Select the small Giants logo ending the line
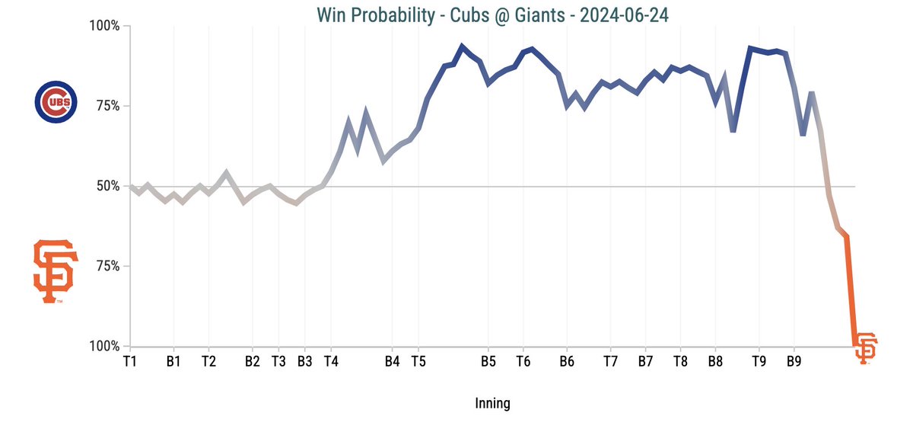coord(865,347)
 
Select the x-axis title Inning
coord(492,403)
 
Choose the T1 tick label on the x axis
coord(130,361)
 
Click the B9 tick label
coord(794,361)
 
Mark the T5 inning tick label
coord(418,361)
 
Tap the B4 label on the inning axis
coord(392,361)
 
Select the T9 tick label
coord(759,361)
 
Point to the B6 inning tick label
coord(566,361)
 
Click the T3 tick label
coord(278,361)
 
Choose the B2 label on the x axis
coord(253,361)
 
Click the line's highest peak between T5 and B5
coord(462,46)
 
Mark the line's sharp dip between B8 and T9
coord(733,131)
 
